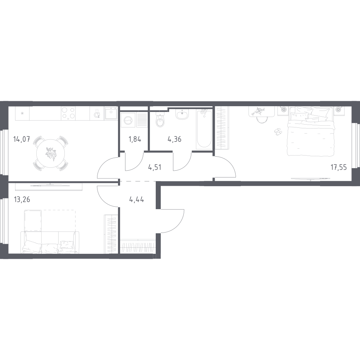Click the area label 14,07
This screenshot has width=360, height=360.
pos(22,139)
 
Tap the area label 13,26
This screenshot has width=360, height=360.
pos(22,199)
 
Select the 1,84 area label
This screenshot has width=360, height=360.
pos(135,139)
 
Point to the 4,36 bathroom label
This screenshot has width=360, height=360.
pos(174,139)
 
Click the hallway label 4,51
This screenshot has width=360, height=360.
pos(155,167)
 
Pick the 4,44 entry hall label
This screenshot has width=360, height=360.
pos(137,199)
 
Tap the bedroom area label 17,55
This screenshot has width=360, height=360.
pos(339,167)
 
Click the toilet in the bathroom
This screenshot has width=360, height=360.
pos(160,120)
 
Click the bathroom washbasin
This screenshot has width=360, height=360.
pos(182,114)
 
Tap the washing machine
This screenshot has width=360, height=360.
pos(128,120)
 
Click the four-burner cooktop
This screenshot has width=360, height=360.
pos(68,113)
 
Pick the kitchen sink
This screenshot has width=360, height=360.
pos(111,113)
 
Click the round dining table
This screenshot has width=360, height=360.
pos(51,153)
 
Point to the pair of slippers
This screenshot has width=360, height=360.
pos(278,131)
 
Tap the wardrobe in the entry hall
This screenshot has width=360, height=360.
pos(138,247)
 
